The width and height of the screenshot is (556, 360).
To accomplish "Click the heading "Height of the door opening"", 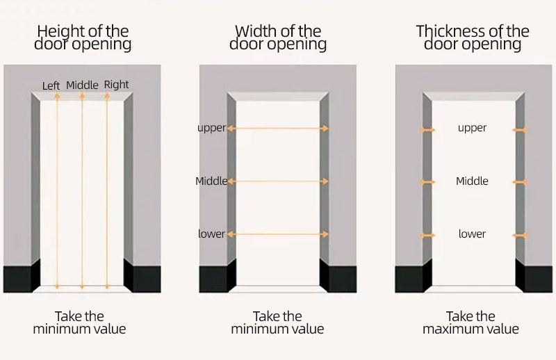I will point(83,38).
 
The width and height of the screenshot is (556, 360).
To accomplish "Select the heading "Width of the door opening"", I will point(278,38).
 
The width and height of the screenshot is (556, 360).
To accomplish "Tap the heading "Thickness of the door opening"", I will point(473,38).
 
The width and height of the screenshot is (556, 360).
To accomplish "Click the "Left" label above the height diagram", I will point(51,86).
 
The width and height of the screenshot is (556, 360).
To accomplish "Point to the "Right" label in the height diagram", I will point(116,85).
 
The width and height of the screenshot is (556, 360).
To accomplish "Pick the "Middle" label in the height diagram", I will point(83,85).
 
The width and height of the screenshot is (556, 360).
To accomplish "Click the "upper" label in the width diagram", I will point(211,128).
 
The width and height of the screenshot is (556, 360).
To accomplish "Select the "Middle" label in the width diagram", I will point(211,181).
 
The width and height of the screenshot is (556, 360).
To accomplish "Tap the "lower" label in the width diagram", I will point(211,234).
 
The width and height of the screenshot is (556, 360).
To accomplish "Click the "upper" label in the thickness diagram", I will point(472,128).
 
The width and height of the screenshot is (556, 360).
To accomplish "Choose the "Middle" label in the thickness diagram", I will point(472,181).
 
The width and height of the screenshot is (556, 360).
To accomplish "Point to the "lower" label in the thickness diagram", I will point(472,234).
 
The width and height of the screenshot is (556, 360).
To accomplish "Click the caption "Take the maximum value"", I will point(471,322).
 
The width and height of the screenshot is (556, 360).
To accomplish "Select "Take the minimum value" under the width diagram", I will point(277,322).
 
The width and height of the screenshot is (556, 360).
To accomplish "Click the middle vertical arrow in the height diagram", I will point(82,191).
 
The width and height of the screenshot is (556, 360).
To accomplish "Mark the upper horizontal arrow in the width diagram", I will point(278,129).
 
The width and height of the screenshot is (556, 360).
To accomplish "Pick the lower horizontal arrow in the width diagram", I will point(278,235).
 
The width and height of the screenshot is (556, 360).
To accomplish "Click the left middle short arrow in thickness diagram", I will point(427,182).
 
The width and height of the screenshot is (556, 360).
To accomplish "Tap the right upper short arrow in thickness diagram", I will point(520,129).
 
